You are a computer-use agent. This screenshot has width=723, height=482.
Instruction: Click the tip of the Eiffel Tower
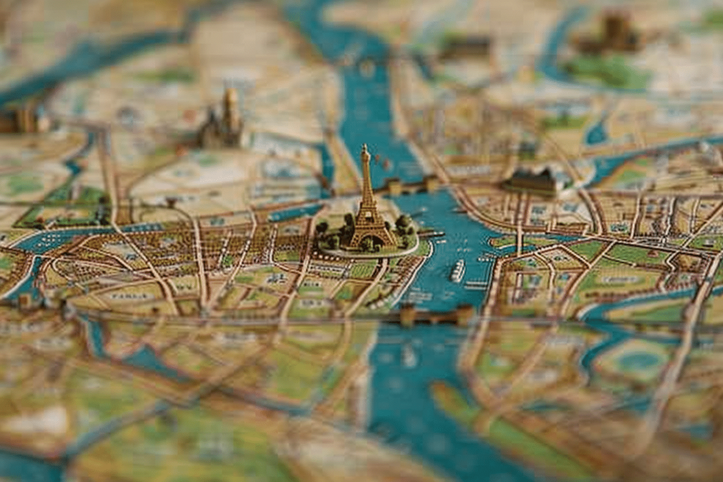(x=365, y=146)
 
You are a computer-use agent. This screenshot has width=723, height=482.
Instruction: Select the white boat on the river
(x=458, y=270)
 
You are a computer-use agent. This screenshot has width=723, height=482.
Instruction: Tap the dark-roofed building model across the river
(x=531, y=181)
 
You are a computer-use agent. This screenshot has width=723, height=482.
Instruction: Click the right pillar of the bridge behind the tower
(x=431, y=184)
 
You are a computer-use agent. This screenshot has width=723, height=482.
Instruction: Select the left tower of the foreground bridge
(x=408, y=315)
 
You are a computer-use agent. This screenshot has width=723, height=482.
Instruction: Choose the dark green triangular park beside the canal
(x=65, y=210)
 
